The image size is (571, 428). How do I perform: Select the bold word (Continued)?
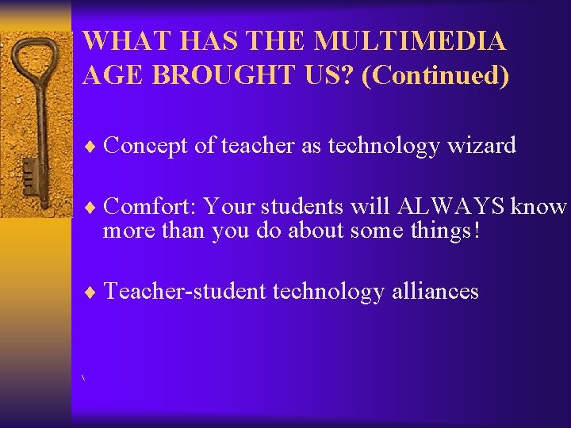point(435,75)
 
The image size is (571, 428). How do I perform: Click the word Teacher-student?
point(185,291)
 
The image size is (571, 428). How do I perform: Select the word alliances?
point(435,291)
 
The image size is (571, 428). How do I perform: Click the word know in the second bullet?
point(538,206)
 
